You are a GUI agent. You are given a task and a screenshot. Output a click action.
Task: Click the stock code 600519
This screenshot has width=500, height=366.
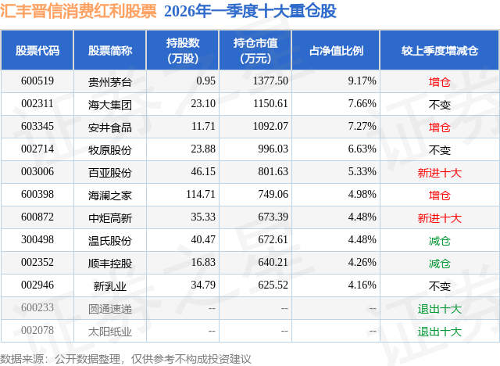(x=37, y=81)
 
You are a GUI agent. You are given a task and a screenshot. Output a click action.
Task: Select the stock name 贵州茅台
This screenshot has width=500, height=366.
(x=110, y=81)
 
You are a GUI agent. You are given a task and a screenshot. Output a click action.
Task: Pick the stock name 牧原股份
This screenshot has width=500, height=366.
(x=110, y=149)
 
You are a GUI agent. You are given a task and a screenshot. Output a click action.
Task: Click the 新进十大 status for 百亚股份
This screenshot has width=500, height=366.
(x=440, y=172)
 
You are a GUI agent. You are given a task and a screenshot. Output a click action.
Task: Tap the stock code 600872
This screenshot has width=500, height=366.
(x=37, y=217)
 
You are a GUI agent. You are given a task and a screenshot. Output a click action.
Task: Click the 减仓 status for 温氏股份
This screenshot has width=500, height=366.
(x=440, y=240)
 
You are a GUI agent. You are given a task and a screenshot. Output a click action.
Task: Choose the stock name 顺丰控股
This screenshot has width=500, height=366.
(x=110, y=263)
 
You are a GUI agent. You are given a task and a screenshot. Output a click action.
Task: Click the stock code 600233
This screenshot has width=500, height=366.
(x=37, y=308)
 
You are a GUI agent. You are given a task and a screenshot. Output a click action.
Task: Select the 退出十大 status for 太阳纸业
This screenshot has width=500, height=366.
(x=440, y=332)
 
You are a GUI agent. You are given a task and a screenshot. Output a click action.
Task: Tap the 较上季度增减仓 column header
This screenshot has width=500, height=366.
(x=440, y=50)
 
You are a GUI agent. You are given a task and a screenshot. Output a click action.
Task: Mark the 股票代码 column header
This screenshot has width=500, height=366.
(x=37, y=50)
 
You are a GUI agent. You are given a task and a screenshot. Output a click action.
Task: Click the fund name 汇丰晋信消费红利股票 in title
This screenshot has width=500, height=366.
(x=79, y=12)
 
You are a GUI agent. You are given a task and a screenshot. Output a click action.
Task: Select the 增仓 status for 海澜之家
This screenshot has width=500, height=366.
(x=440, y=195)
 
